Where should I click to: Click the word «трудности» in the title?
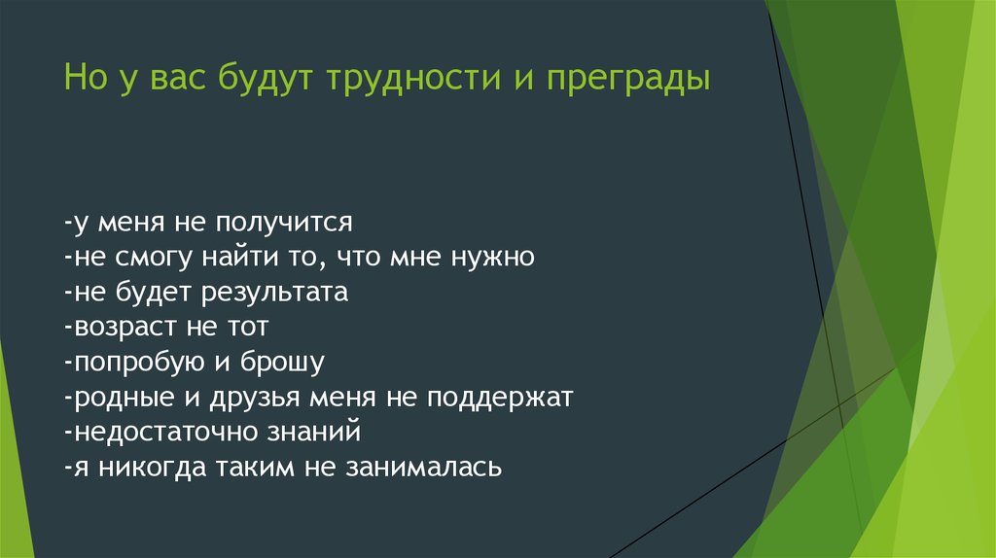tap(413, 79)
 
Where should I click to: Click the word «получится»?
tap(284, 223)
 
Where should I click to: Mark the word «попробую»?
tap(140, 362)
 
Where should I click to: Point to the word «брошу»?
tap(282, 362)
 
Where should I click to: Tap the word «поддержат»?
tap(500, 398)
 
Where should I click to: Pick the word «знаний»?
tap(314, 432)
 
